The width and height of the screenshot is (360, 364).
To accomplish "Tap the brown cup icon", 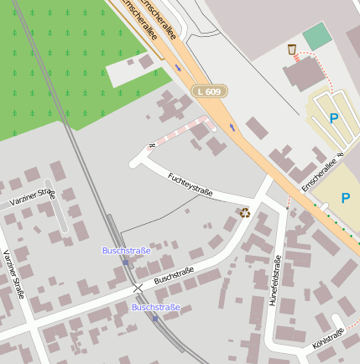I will click(x=291, y=49).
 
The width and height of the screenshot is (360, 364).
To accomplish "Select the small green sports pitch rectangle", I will click(x=317, y=37).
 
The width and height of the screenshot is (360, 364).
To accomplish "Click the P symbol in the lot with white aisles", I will click(x=333, y=118).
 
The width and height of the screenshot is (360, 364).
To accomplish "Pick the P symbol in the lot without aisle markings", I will click(x=346, y=198).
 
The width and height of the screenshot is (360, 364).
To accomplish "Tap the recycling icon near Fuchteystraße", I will click(x=244, y=212).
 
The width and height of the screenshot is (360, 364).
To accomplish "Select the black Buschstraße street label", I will click(x=174, y=274).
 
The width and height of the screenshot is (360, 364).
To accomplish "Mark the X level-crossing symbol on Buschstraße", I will click(x=138, y=288).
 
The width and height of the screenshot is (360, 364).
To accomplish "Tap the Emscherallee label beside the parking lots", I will click(x=318, y=172).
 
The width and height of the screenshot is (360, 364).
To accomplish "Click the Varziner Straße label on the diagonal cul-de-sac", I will click(x=32, y=198).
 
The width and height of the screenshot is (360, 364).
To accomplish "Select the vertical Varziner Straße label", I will click(x=13, y=273).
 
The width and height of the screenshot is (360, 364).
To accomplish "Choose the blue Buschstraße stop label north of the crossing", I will click(x=126, y=250).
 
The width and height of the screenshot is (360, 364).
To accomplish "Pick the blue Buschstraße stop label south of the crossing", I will click(x=155, y=307).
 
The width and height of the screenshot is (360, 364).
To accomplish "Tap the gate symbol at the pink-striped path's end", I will click(x=151, y=145).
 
